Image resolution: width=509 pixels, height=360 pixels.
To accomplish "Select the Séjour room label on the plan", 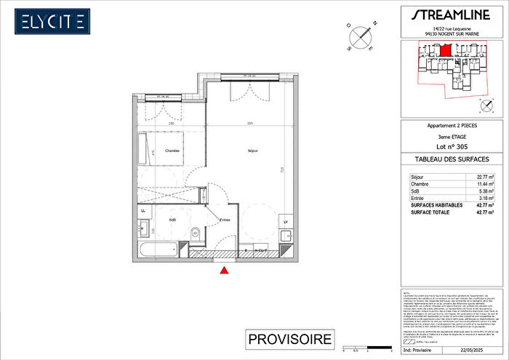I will (x=252, y=151).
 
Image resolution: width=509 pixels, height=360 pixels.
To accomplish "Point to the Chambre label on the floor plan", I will (x=172, y=151).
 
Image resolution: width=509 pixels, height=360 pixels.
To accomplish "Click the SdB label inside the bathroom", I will (x=173, y=219).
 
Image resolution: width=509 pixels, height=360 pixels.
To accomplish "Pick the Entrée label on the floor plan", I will (x=225, y=219).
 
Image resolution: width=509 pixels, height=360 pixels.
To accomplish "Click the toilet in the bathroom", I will (x=196, y=235).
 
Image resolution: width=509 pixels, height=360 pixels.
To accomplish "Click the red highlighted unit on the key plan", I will (x=446, y=51).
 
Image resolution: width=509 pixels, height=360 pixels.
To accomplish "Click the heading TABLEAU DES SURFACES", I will (x=452, y=159).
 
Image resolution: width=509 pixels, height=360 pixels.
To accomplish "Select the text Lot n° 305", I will (x=452, y=146).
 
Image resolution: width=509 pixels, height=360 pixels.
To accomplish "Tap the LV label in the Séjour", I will (x=286, y=222).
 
